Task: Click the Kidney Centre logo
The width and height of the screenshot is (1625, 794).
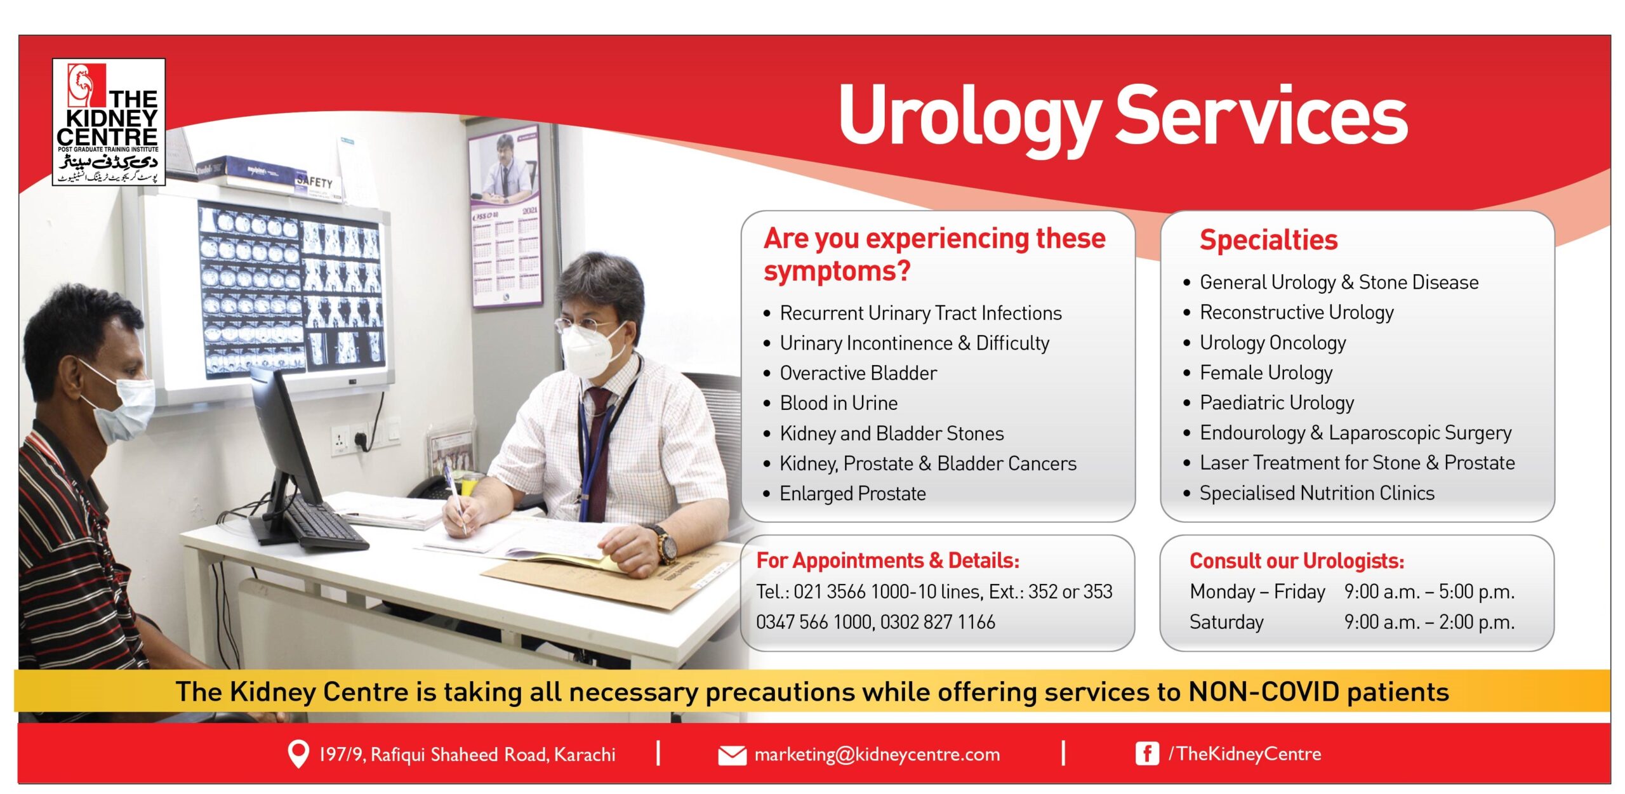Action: (109, 122)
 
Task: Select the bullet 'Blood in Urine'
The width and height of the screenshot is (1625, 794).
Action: (838, 403)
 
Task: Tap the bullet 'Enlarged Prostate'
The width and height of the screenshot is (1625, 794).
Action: (852, 494)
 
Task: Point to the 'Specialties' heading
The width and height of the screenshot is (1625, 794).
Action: (1268, 240)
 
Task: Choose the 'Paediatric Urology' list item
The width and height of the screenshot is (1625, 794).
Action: (1276, 402)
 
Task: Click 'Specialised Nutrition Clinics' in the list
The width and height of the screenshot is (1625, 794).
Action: (1316, 493)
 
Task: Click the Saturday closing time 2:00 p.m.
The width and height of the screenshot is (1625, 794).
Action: (1476, 622)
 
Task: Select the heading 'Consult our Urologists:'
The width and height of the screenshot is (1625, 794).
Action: (1296, 561)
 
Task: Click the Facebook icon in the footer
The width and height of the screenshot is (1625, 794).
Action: (1146, 754)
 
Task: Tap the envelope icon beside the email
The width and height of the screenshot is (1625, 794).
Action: (732, 755)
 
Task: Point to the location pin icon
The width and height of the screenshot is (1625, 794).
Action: (298, 753)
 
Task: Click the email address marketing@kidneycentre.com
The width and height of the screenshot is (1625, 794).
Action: (877, 755)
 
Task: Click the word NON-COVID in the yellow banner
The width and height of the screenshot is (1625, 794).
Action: (1263, 692)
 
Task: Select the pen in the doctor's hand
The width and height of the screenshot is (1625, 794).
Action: (455, 495)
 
